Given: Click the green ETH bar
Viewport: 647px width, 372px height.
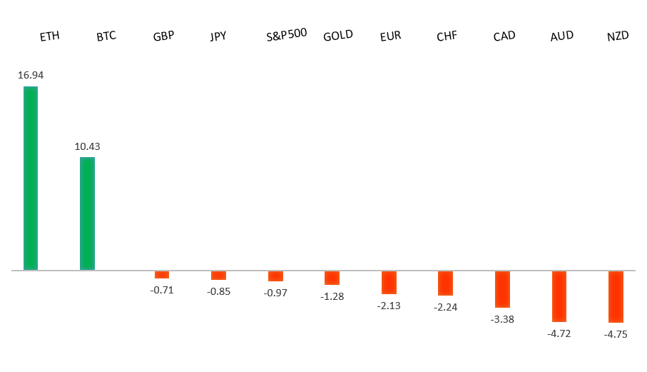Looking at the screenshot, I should pos(31,179).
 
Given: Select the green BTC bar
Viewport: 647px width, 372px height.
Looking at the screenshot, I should pos(87,213).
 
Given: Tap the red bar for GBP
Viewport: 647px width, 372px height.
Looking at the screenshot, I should pos(162,275).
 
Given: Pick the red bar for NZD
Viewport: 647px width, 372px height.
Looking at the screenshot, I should pos(616,297).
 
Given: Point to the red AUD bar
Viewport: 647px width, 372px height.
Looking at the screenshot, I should pos(559,296).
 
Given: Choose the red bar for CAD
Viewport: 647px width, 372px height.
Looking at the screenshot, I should pos(502,289).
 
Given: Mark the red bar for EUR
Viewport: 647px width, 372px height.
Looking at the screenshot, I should pos(389,283).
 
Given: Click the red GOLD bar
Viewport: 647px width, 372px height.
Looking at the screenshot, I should pos(332,278).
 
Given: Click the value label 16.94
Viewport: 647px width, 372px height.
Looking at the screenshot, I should pos(31,75).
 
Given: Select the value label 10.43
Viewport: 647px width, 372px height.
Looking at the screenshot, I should pos(87,146).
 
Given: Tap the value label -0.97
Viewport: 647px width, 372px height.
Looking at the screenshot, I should pos(275,293).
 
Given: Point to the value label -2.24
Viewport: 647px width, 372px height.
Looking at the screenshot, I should pos(445,308).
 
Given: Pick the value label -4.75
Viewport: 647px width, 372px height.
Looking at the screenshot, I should pos(616,334).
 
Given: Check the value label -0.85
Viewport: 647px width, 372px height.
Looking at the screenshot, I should pos(218,291).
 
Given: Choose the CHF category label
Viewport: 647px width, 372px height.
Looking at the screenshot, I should pos(447,36).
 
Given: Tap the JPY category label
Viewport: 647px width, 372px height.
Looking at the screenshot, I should pos(218,36).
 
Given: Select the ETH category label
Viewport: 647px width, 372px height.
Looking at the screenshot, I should pos(49,36).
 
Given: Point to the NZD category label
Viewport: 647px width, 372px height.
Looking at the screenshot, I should pos(618,36).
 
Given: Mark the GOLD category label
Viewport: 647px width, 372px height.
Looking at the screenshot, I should pos(337,36).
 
